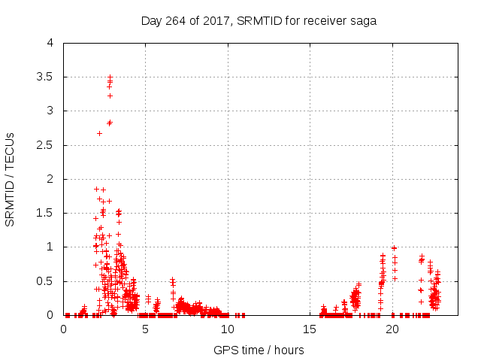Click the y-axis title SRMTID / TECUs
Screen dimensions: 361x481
pyautogui.click(x=11, y=178)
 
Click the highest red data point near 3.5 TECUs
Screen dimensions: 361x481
pyautogui.click(x=110, y=77)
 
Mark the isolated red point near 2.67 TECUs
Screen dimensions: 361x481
pyautogui.click(x=99, y=133)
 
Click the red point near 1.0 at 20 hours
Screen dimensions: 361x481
pyautogui.click(x=394, y=247)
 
